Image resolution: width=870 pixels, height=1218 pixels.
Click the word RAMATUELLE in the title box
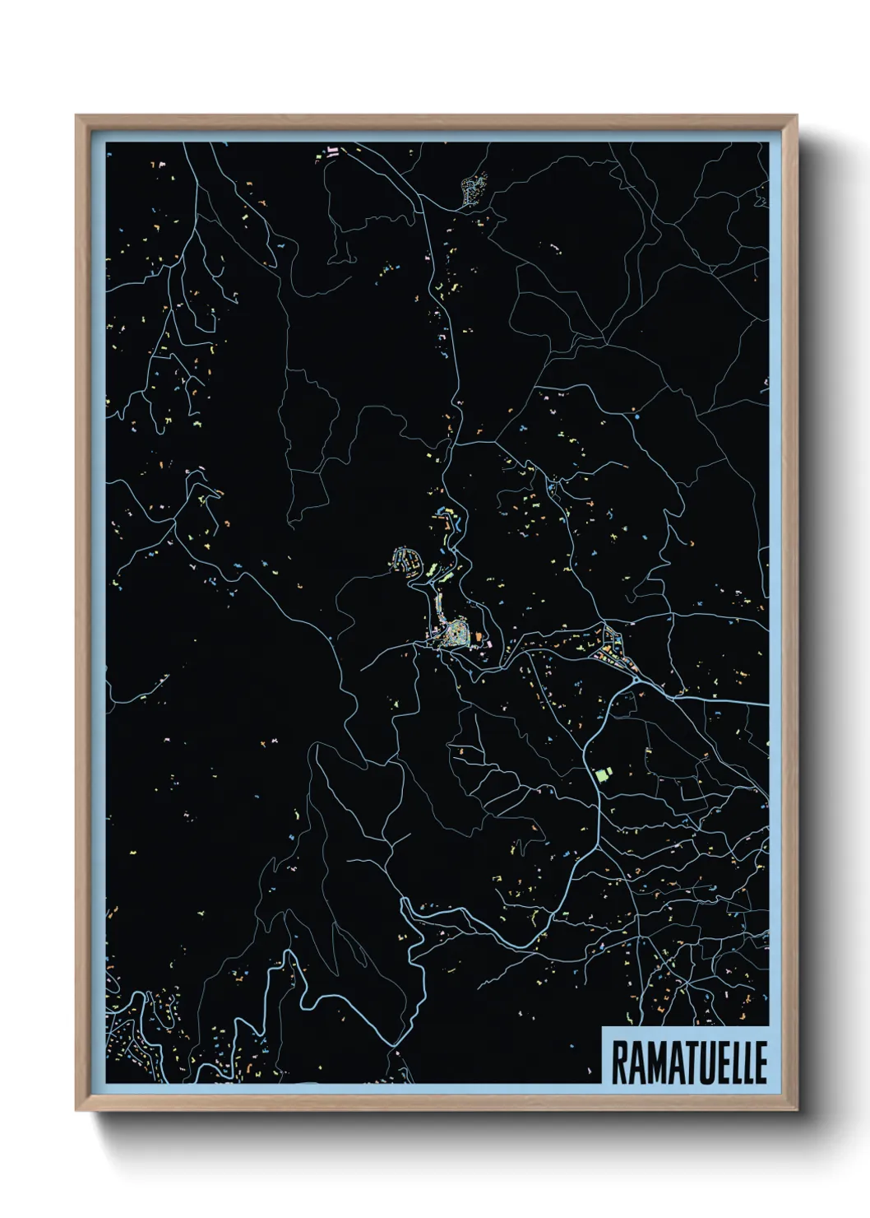pos(689,1062)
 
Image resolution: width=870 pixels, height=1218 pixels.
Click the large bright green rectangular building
pos(604,774)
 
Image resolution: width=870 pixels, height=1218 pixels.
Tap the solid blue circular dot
pos(636,417)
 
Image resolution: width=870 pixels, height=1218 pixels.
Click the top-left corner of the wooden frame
pos(76,116)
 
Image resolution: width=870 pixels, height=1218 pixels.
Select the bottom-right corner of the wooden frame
pos(796,1109)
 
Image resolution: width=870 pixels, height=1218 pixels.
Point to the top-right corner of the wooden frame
pos(796,116)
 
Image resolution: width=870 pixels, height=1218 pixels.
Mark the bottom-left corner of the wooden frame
pos(76,1109)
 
